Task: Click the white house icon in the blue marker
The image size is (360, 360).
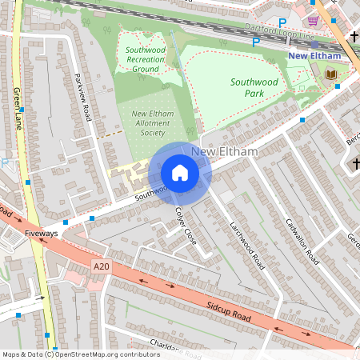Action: (180, 173)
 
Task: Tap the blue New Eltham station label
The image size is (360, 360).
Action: (314, 56)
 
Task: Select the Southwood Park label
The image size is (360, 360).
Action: (254, 87)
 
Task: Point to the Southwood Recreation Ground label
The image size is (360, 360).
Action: (145, 59)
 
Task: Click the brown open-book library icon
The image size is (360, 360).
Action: (330, 74)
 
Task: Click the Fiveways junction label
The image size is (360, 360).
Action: (41, 234)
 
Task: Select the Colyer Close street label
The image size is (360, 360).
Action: (186, 226)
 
